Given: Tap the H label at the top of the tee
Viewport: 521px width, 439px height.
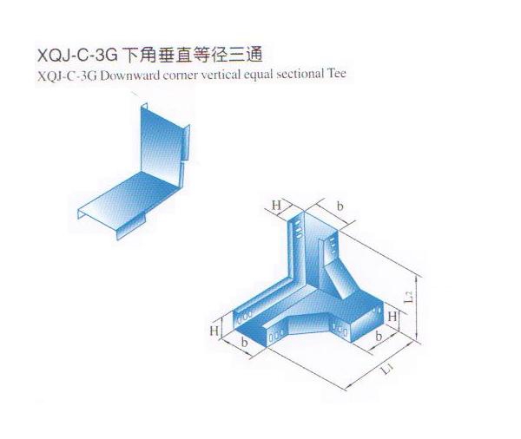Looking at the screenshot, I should click(x=276, y=206).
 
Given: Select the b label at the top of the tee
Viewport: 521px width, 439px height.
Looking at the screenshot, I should click(x=340, y=206).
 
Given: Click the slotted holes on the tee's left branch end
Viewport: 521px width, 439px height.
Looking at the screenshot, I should click(x=247, y=311).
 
